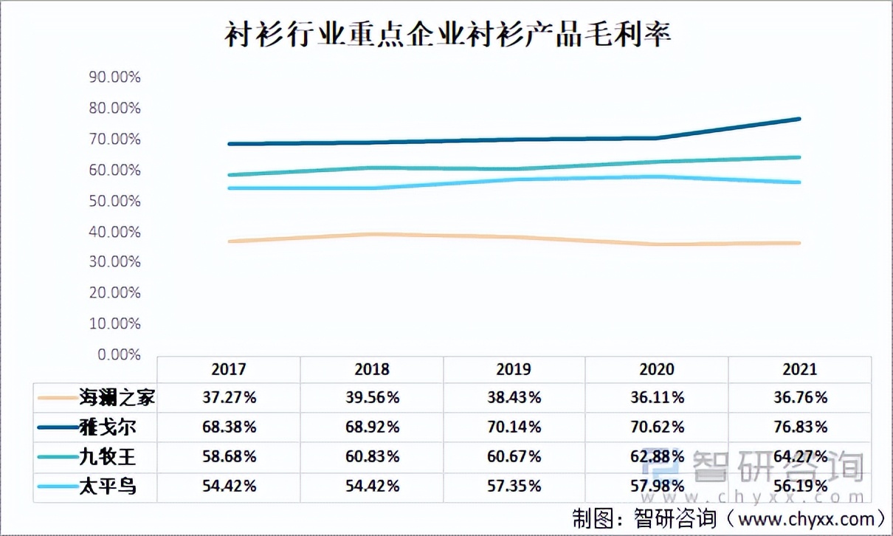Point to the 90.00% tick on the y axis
coord(114,78)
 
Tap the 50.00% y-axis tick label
coord(114,201)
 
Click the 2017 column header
coord(229,369)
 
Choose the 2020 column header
coord(656,369)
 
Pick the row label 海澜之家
coord(117,398)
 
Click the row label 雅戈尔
coord(108,427)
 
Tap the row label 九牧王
coord(108,457)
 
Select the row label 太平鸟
coord(108,487)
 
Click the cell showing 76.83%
coord(799,427)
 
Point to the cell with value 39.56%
coord(372,398)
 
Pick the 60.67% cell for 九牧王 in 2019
coord(514,457)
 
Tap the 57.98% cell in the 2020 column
coord(656,487)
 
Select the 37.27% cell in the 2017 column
coord(229,398)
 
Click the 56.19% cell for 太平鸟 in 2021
coord(799,487)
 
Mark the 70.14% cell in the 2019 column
coord(514,427)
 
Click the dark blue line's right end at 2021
coord(799,119)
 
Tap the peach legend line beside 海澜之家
coord(58,398)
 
